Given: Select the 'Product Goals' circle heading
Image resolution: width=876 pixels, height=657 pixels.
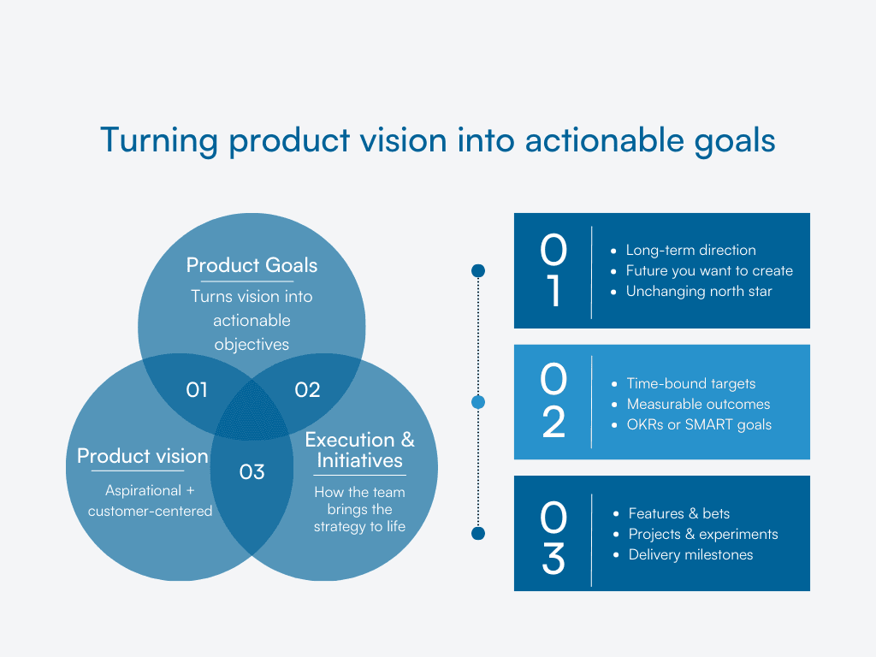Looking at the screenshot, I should click(x=252, y=265).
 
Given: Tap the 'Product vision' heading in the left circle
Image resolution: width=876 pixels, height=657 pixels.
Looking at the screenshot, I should click(x=142, y=456).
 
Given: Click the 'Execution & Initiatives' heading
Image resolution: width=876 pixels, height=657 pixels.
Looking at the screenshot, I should click(x=359, y=450).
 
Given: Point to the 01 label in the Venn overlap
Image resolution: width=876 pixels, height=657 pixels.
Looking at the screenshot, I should click(x=197, y=390).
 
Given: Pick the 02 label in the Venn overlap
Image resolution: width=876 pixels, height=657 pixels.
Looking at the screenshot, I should click(x=307, y=390).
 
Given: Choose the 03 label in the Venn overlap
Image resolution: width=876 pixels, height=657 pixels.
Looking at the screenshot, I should click(x=252, y=471).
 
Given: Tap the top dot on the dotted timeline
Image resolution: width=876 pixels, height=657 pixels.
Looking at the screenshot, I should click(x=478, y=271).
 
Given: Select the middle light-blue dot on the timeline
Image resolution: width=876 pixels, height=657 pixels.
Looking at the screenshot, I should click(x=478, y=402).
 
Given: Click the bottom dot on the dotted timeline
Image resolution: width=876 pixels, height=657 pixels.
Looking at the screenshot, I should click(x=478, y=534).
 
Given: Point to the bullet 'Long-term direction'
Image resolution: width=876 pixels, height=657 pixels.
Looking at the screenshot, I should click(x=690, y=250).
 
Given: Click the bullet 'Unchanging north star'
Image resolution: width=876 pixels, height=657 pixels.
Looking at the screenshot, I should click(x=698, y=291).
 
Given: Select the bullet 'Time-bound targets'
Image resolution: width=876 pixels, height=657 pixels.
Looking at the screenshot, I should click(x=690, y=383).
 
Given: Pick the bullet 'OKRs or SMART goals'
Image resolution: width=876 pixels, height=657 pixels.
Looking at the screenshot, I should click(x=699, y=424).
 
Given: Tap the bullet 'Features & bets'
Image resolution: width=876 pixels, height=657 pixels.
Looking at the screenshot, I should click(x=678, y=513).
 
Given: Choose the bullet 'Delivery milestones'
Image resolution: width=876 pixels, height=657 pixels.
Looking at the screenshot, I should click(x=690, y=554).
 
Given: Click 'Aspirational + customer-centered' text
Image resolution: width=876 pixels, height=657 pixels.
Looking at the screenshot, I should click(x=150, y=500).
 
